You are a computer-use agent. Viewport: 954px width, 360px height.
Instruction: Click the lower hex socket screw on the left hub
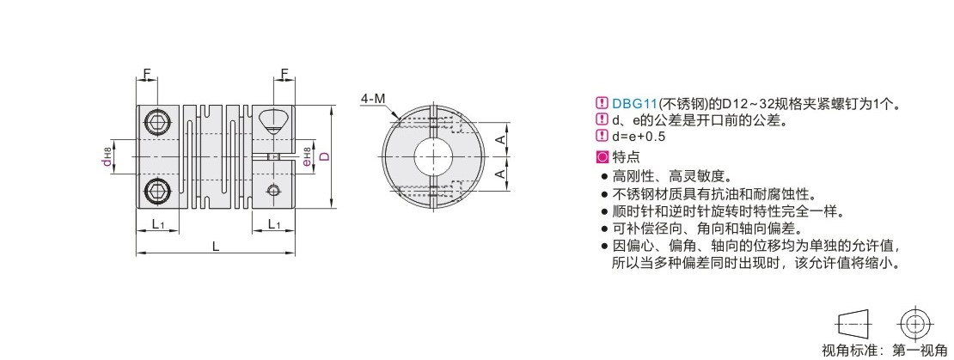click(158, 191)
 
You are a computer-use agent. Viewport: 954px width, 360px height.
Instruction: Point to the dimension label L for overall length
click(215, 246)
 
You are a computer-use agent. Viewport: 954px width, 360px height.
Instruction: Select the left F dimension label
click(147, 74)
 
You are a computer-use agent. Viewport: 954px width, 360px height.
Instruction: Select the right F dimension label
click(284, 74)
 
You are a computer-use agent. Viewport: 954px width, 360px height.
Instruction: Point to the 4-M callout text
click(372, 99)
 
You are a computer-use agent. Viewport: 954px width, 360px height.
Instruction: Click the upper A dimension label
click(499, 140)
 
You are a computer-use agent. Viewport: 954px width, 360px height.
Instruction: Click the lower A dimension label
click(499, 174)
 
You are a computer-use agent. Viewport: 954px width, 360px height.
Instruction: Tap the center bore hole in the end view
click(432, 156)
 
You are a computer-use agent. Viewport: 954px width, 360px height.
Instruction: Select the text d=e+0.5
click(639, 137)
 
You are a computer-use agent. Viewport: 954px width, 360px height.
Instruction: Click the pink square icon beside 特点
click(602, 157)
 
